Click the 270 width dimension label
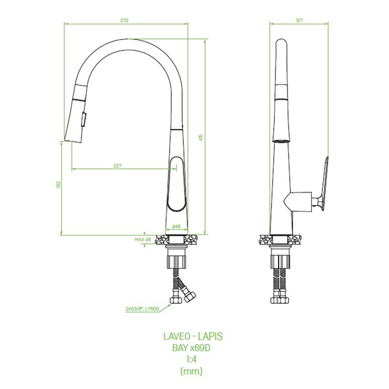[124, 21]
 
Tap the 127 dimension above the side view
[299, 21]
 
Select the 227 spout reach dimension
[118, 166]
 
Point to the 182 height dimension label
[58, 185]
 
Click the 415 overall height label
[201, 138]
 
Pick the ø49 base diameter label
[176, 226]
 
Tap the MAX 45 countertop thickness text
[142, 240]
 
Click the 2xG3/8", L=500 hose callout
[142, 309]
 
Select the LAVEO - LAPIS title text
[193, 337]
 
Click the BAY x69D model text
[191, 348]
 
